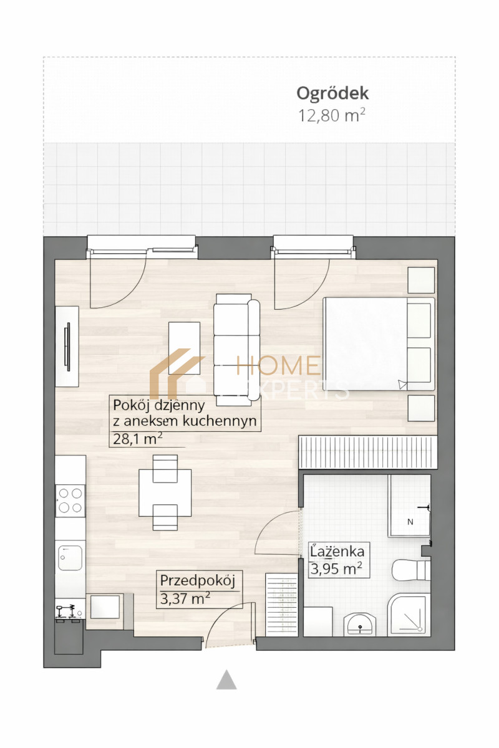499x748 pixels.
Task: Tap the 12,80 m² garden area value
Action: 332,115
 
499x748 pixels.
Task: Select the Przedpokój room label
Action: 198,580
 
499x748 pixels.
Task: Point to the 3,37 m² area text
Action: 185,598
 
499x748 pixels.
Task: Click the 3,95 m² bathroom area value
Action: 336,568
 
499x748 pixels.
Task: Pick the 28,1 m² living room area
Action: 138,438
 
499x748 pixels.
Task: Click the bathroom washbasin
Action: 360,624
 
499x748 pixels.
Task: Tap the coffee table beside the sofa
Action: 184,348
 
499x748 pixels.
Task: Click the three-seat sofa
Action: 237,350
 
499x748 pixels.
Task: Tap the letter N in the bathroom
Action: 410,522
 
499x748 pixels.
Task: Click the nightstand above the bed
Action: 421,281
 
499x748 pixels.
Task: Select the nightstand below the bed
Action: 421,408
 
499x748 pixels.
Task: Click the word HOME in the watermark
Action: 278,365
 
